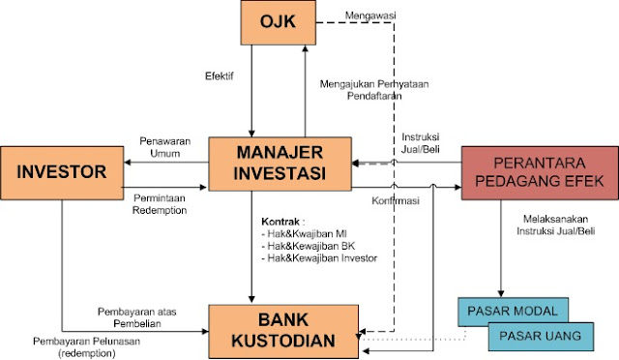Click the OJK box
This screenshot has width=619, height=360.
[277, 22]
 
